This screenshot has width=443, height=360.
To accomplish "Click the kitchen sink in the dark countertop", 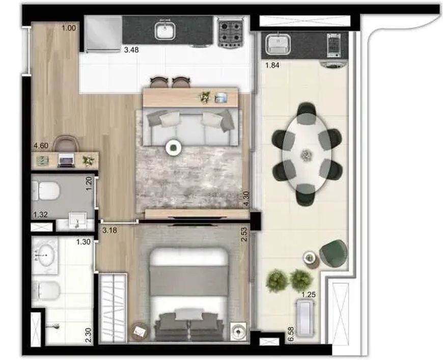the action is [x=165, y=31].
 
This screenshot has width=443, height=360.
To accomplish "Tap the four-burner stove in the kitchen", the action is [x=231, y=33].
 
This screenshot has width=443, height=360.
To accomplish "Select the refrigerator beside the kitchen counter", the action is [x=103, y=34].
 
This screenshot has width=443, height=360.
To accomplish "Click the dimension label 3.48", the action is [x=131, y=50].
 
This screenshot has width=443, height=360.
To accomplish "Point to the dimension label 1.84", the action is [x=272, y=65].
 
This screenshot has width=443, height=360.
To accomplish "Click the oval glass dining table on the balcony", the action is [x=307, y=154].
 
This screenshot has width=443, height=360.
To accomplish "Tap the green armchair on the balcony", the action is [x=334, y=253].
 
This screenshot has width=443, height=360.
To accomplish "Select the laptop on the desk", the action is [x=66, y=160].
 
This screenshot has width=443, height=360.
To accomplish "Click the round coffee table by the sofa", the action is [x=173, y=148].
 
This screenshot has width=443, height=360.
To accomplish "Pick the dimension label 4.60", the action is [x=41, y=146].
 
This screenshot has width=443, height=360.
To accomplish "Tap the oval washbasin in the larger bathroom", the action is [x=46, y=256].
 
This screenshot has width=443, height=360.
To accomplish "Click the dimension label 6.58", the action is [x=291, y=335].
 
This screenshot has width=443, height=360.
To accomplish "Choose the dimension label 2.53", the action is [x=244, y=234].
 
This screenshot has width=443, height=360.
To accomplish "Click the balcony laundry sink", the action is [x=278, y=44].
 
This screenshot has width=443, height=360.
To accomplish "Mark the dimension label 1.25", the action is [x=309, y=295].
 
